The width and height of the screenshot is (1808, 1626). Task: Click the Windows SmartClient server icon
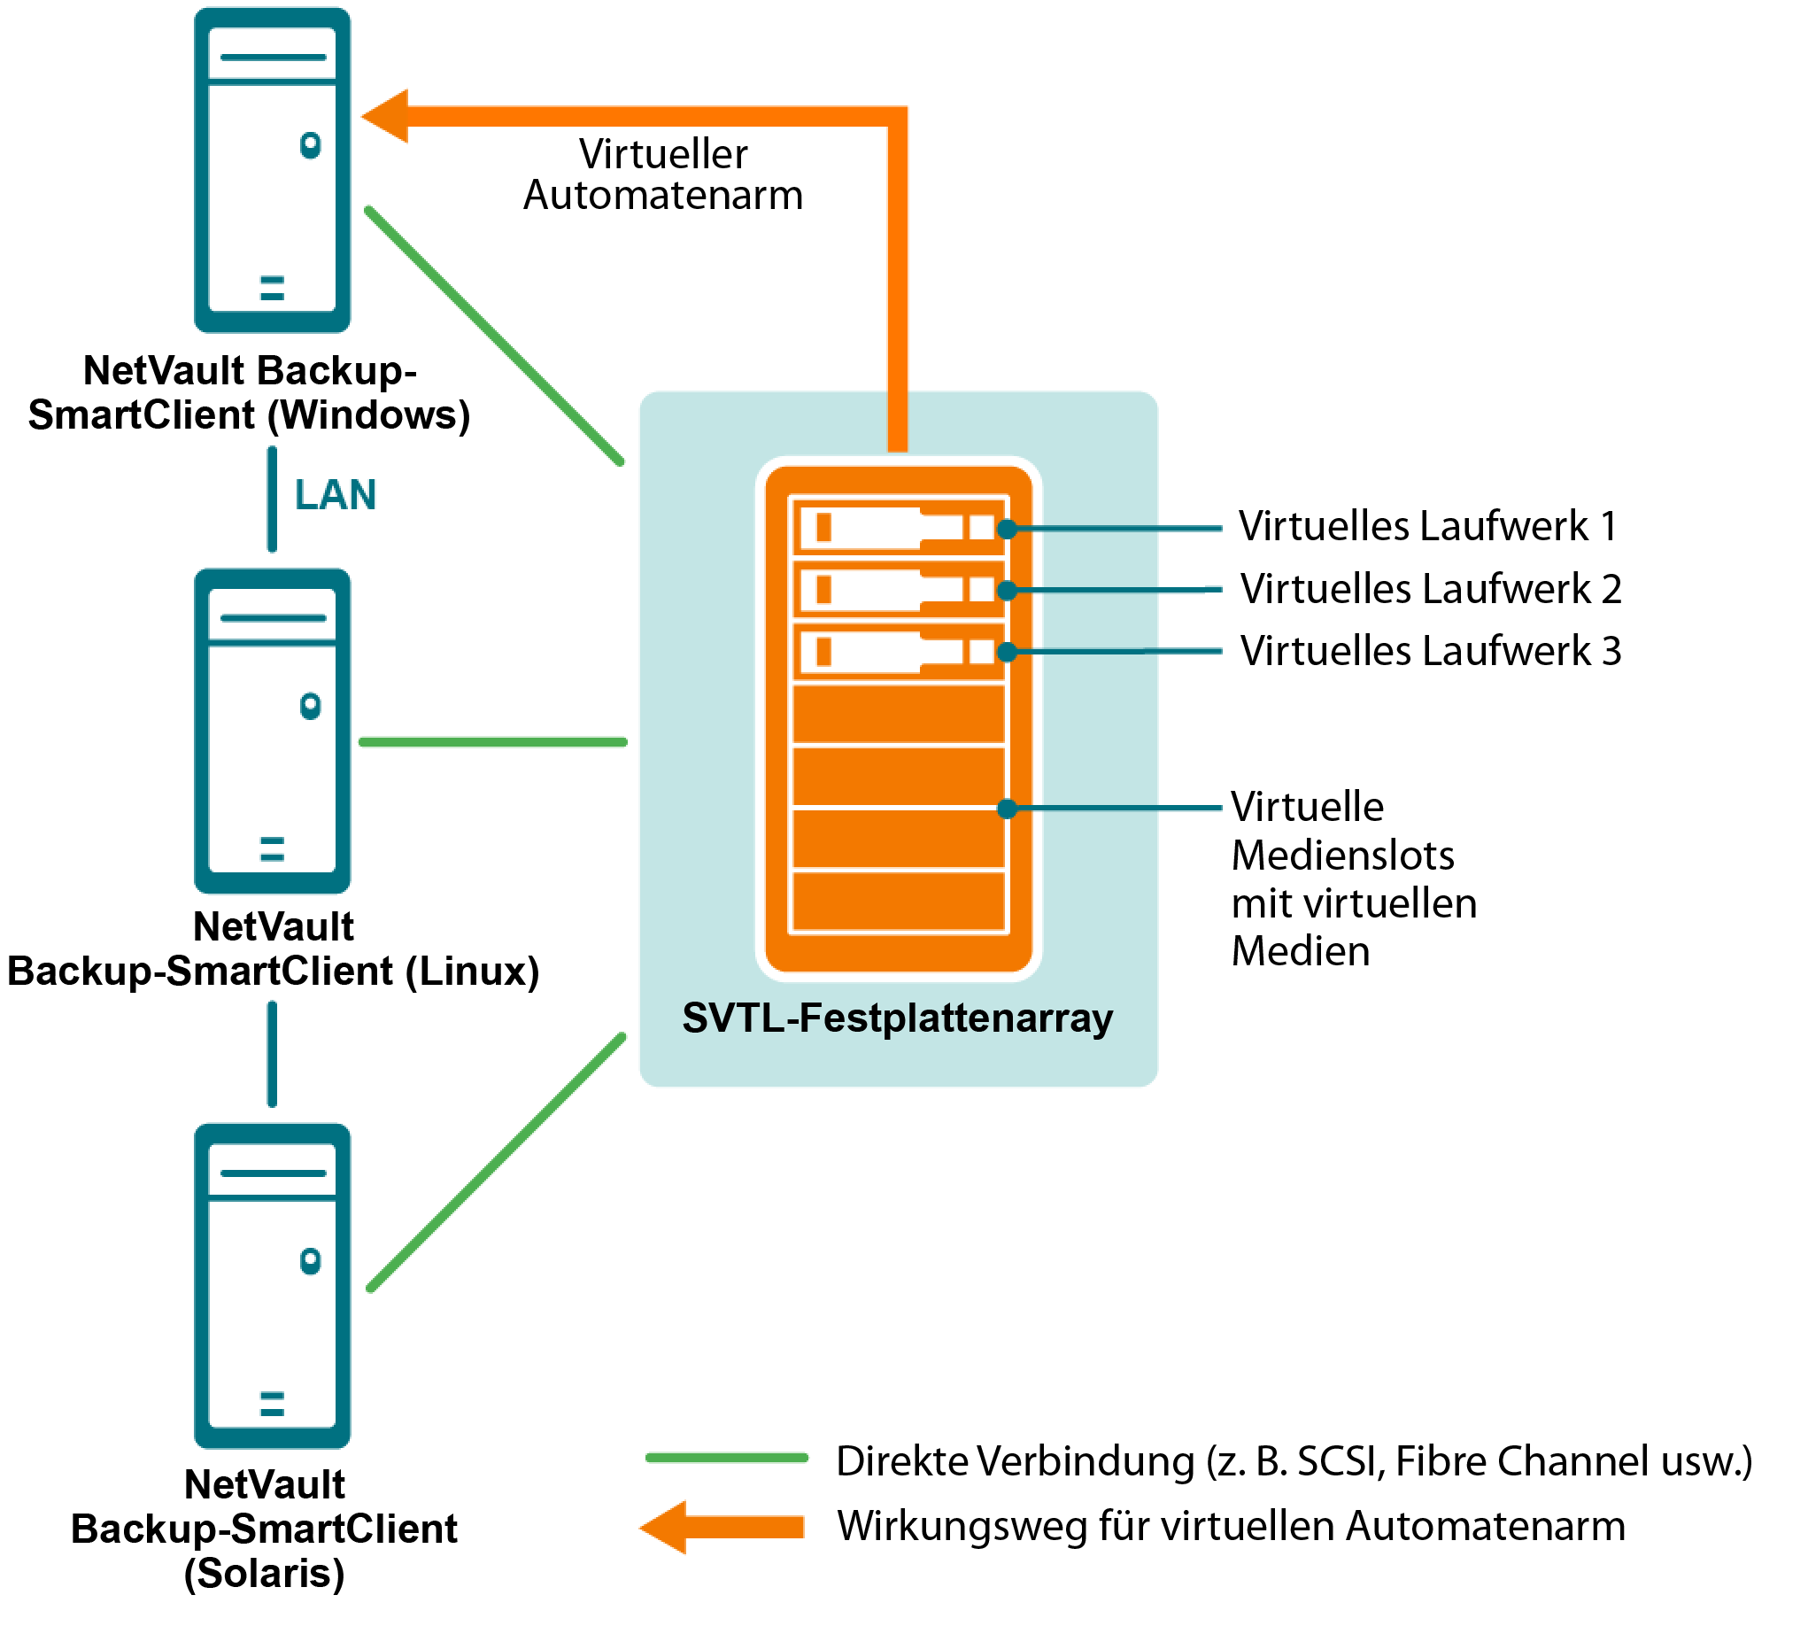tap(273, 170)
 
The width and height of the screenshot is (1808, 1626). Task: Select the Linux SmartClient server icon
tap(273, 731)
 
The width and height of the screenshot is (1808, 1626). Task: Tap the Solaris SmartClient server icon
tap(273, 1286)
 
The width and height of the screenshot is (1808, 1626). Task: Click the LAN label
tap(335, 495)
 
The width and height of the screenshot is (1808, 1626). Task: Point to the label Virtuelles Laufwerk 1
tap(1427, 526)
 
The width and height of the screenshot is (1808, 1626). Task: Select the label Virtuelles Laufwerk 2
tap(1431, 589)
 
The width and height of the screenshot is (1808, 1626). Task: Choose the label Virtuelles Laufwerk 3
tap(1431, 651)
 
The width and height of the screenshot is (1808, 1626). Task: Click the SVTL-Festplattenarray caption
tap(898, 1018)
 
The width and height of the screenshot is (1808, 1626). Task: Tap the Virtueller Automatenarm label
tap(663, 175)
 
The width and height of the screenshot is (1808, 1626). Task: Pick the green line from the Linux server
tap(493, 741)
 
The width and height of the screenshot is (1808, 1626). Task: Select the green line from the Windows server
tap(494, 336)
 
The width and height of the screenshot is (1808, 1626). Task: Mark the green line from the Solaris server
tap(497, 1162)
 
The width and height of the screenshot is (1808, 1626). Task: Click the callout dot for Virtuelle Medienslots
tap(1008, 809)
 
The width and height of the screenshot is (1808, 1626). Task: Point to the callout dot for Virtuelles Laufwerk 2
tap(1008, 591)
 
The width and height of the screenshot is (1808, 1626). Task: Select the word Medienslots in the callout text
tap(1342, 856)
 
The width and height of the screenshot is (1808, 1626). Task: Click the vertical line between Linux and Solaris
tap(273, 1054)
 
